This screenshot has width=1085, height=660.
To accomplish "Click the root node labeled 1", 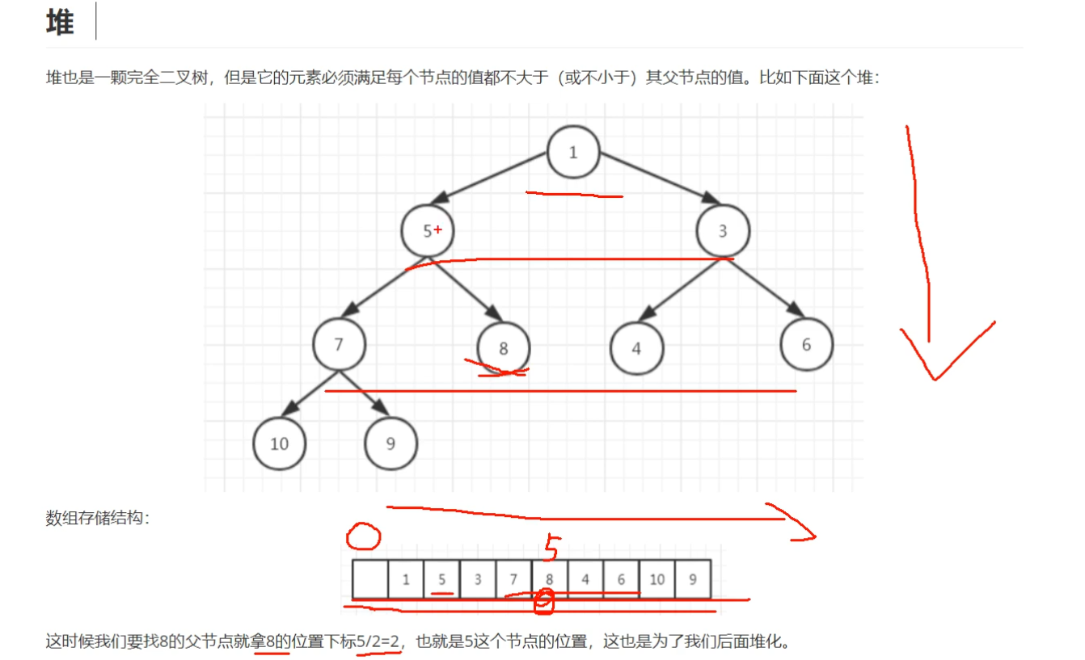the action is point(573,152).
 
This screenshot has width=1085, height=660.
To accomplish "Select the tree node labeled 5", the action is point(427,231).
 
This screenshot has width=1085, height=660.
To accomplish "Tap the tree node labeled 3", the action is point(723,231).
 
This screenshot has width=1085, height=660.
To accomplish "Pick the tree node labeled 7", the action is point(339,344).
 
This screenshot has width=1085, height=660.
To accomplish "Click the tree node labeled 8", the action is point(504,348).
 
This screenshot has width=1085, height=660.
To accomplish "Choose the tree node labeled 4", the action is point(636,348).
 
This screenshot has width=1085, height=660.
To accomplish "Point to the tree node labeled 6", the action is point(806,344).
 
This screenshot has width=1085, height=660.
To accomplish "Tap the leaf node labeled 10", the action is point(279,443).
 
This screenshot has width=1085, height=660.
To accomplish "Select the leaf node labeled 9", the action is point(391,443).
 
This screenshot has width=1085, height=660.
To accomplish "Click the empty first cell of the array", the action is point(369,578).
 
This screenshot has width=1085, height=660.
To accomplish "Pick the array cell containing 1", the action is point(406,578).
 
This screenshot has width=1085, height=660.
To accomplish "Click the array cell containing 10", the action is point(656,578).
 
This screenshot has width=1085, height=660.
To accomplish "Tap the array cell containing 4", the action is point(585,578).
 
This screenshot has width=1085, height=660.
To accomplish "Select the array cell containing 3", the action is point(478,578).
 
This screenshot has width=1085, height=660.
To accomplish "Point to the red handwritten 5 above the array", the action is point(551,547).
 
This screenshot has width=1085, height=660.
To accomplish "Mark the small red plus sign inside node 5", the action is point(437,229).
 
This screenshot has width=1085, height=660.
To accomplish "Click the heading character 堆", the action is point(60,23).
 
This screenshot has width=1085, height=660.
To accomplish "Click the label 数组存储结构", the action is point(97,518).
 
